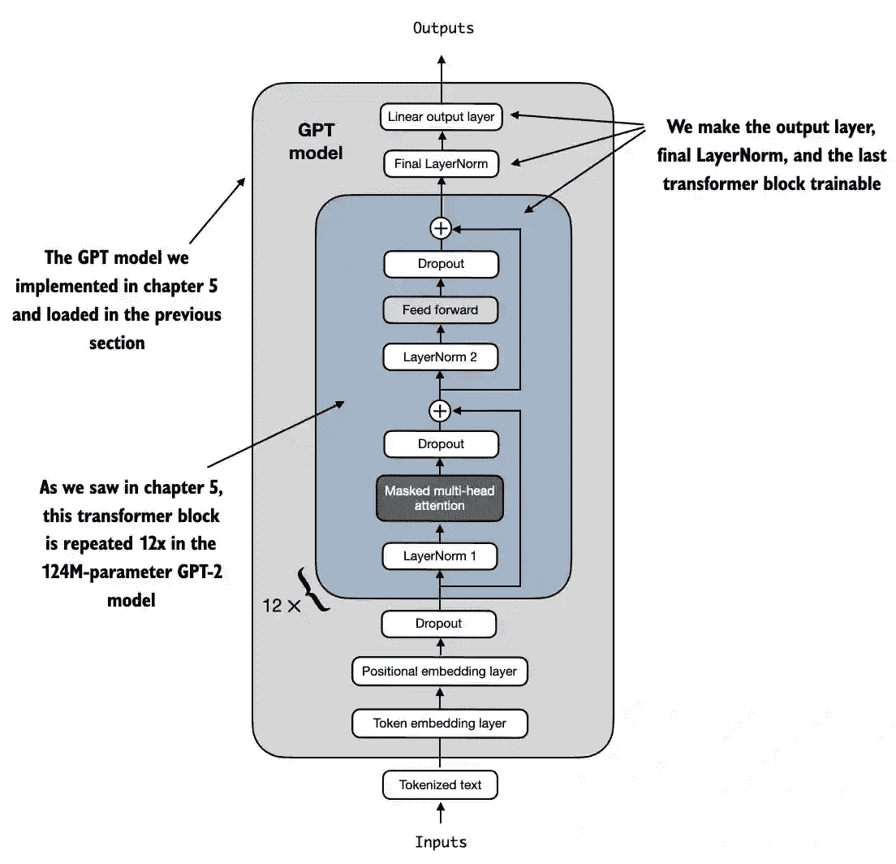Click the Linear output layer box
click(442, 117)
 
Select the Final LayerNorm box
click(442, 163)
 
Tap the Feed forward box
click(440, 310)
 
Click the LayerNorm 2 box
click(440, 356)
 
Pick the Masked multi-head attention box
click(439, 498)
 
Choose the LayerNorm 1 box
click(439, 555)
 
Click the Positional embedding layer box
click(439, 672)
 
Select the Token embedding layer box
click(439, 724)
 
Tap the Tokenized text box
click(440, 785)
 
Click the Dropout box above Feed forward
click(442, 264)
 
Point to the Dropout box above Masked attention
click(442, 444)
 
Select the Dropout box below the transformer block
click(439, 624)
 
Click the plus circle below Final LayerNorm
click(441, 229)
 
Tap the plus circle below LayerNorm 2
click(440, 411)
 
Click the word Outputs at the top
click(443, 28)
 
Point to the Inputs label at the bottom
click(441, 842)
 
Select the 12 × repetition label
click(281, 606)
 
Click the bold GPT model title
click(316, 141)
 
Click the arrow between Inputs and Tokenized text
click(441, 813)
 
